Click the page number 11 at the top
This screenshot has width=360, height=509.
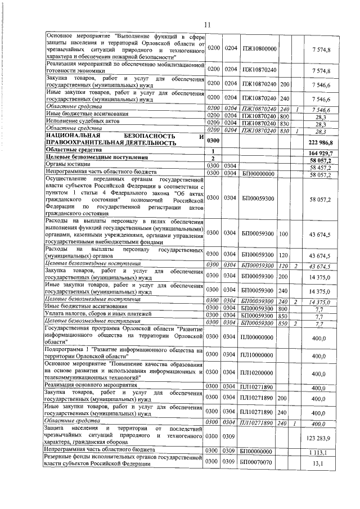(x=206, y=25)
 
